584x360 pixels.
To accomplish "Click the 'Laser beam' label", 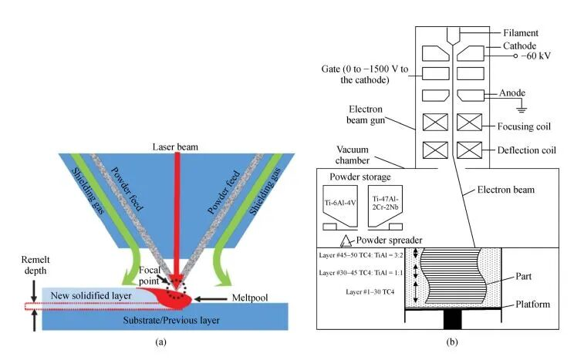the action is point(175,147).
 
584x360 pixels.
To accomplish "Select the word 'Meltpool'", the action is point(249,298).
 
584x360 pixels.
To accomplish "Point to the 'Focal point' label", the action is point(150,275).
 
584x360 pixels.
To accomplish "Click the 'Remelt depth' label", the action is point(35,265).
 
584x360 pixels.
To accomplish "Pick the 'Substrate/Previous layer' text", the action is point(171,320).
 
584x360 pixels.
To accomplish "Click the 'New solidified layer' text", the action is point(91,295).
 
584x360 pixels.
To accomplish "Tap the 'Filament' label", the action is point(521,33).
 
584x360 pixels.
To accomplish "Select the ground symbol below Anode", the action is point(522,109).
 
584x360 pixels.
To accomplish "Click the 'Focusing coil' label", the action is point(524,126).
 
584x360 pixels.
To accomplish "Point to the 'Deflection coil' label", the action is point(526,150).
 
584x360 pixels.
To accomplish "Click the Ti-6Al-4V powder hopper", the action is point(340,207).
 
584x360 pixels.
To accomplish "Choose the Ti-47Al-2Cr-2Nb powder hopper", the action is point(385,207).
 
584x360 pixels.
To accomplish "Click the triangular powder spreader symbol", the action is point(346,241).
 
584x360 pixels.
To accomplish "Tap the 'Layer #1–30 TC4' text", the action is point(370,292).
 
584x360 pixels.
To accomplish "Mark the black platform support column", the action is point(453,320).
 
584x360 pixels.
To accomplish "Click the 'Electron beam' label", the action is point(506,190).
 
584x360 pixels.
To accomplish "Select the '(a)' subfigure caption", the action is point(161,342).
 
